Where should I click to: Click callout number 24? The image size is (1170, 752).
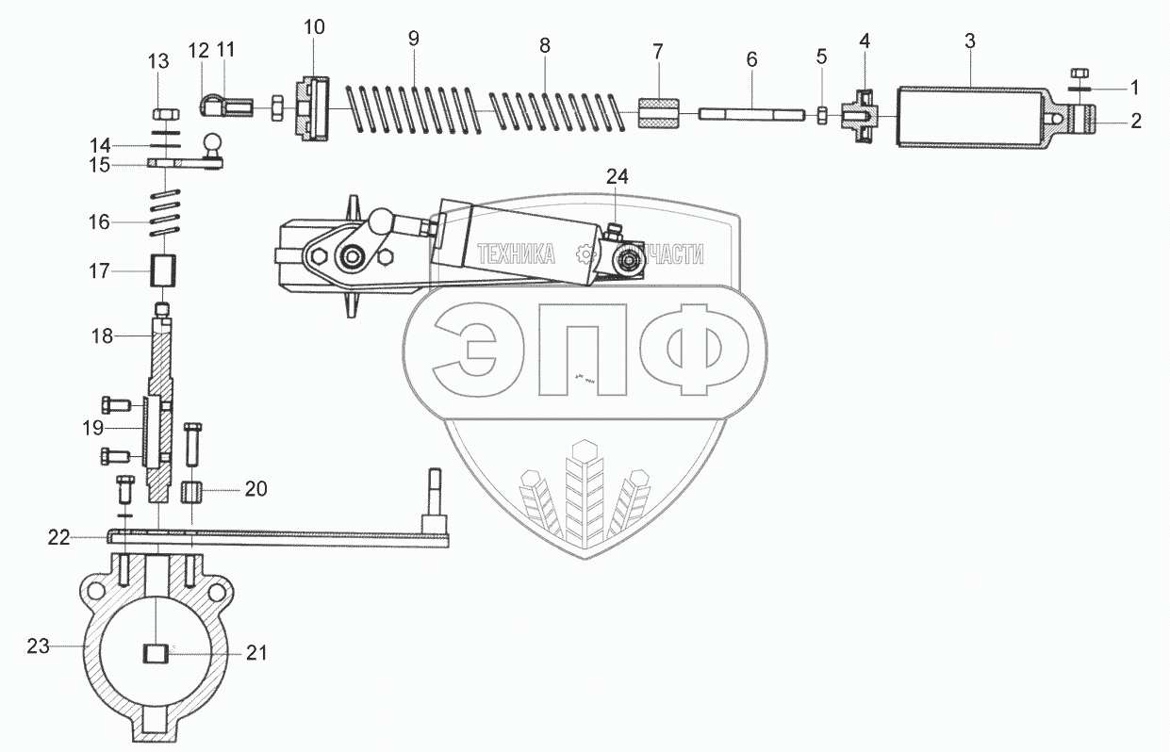point(616,176)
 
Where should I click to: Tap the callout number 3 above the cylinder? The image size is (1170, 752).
point(970,41)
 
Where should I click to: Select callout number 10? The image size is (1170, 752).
point(314,26)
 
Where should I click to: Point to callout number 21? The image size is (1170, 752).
point(257,652)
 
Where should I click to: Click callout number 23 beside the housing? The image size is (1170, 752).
point(37,646)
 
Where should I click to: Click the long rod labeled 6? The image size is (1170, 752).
point(751,114)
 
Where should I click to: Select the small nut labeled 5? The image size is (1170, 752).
point(821,115)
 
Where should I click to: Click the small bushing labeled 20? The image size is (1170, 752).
point(193,492)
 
